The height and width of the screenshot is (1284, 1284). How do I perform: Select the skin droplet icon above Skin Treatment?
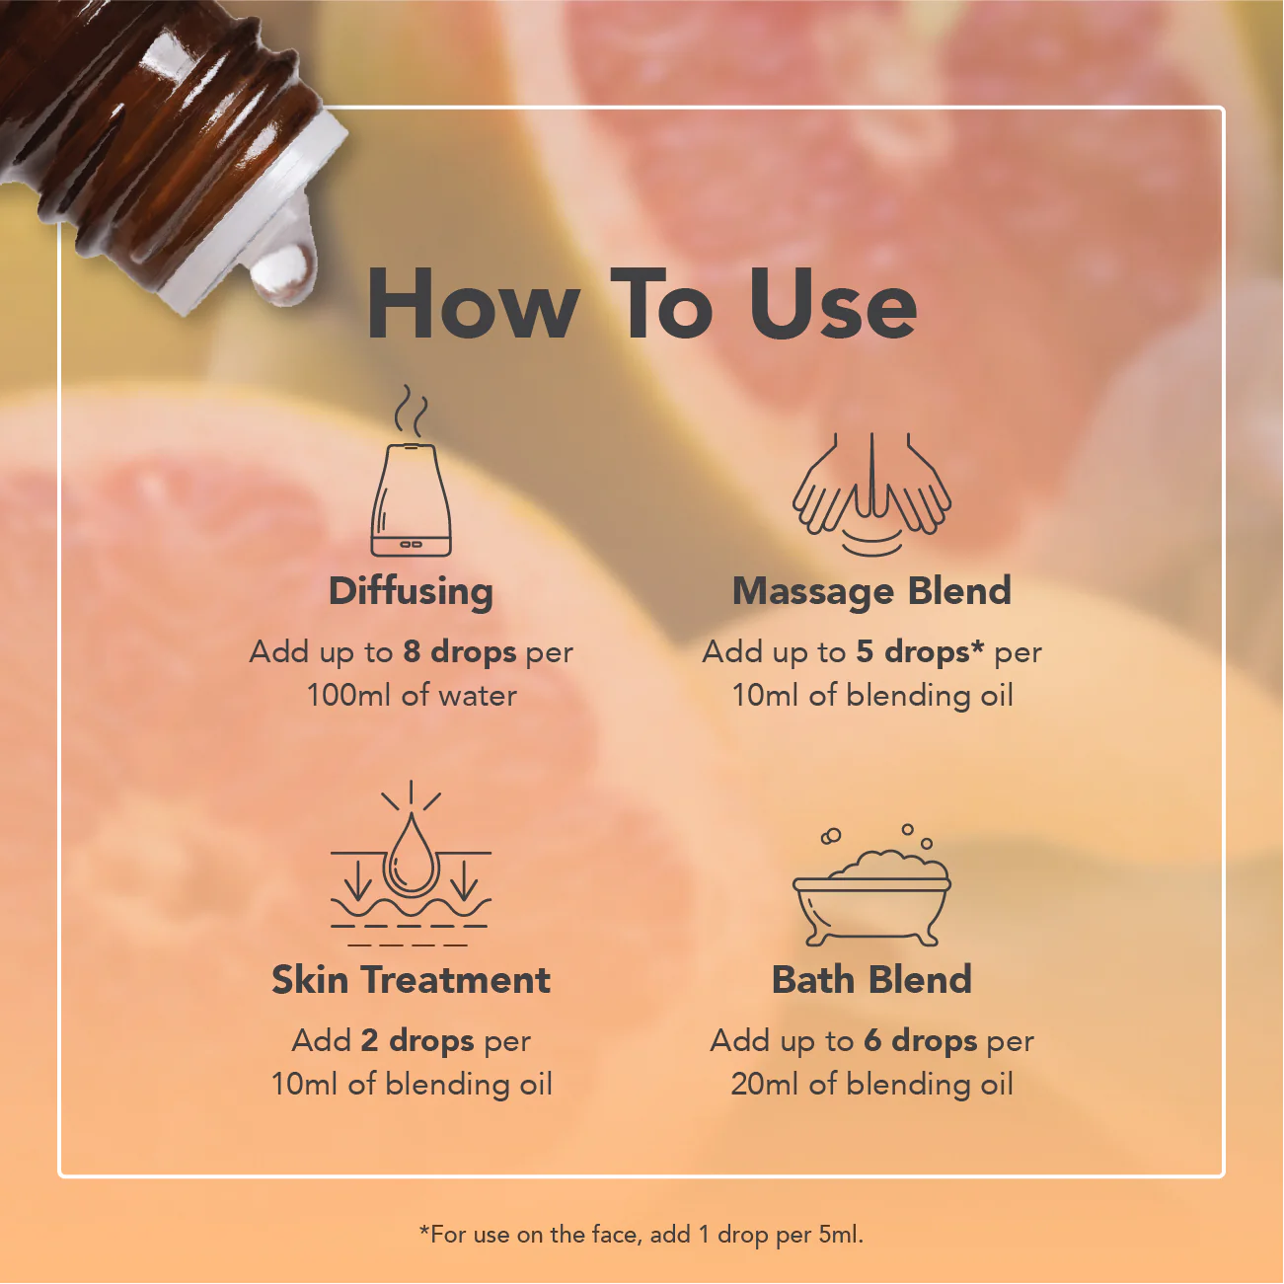411,864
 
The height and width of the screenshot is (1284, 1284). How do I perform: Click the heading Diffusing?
411,591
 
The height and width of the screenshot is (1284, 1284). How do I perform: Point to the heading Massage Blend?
871,591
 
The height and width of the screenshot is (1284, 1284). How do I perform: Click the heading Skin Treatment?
411,980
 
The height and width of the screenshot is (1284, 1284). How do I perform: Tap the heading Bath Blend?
871,980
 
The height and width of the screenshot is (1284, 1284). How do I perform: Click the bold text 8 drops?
459,652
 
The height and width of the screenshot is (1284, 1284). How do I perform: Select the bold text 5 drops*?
920,652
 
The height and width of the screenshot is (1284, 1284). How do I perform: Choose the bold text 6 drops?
920,1041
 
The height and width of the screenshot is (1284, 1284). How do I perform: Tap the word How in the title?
472,305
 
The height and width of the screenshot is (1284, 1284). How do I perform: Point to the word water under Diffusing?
478,695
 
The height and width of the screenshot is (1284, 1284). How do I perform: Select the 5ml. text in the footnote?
841,1235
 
